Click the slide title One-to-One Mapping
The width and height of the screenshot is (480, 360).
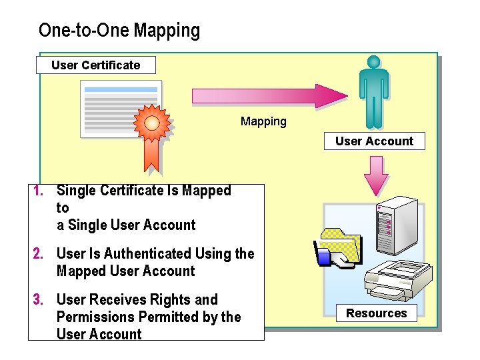tap(119, 31)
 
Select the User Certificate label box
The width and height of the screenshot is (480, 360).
tap(96, 65)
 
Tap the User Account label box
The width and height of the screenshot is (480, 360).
tap(374, 141)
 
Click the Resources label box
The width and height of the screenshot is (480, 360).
tap(376, 313)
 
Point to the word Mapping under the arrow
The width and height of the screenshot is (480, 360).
tap(263, 121)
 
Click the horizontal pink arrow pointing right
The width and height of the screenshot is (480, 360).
tap(266, 95)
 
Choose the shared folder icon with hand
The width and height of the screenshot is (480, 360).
tap(338, 249)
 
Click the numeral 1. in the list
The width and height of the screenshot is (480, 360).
tap(39, 191)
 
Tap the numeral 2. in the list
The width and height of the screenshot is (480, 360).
tap(39, 253)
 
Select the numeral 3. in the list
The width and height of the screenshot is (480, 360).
tap(39, 299)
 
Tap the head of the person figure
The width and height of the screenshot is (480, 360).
tap(373, 61)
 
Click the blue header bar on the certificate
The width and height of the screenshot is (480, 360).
tap(121, 89)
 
